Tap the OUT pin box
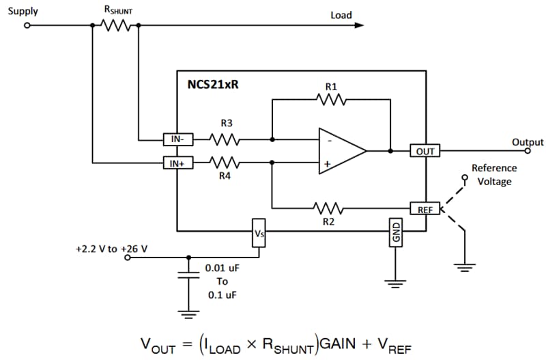pyautogui.click(x=425, y=150)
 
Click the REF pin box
pyautogui.click(x=425, y=209)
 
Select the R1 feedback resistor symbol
pyautogui.click(x=331, y=100)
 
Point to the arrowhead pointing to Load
pyautogui.click(x=358, y=25)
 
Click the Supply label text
pyautogui.click(x=23, y=12)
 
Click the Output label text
pyautogui.click(x=528, y=142)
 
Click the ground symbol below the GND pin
pyautogui.click(x=396, y=281)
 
